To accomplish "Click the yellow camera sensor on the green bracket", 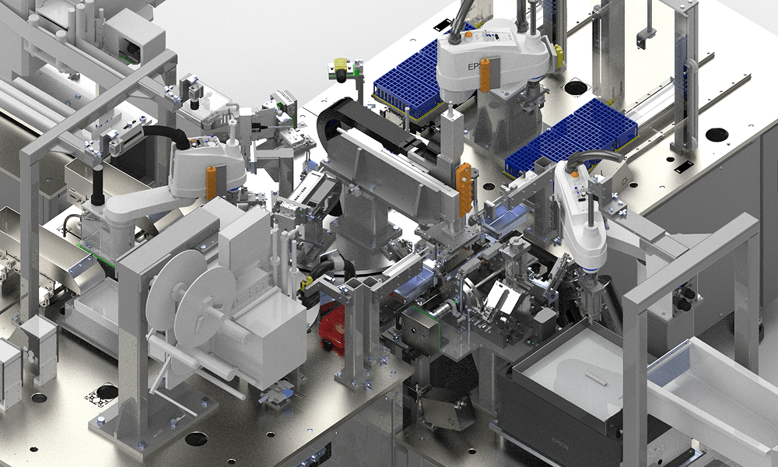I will click(x=341, y=67).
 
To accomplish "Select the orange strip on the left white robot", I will click(x=212, y=177).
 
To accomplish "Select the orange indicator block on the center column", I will click(x=464, y=188).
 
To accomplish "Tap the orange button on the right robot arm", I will click(x=576, y=175).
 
